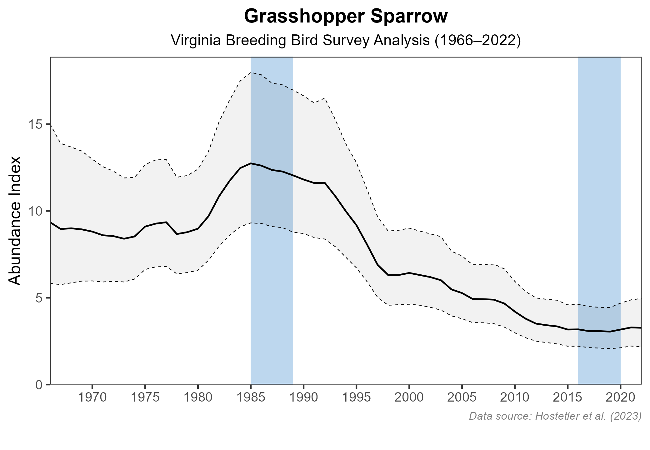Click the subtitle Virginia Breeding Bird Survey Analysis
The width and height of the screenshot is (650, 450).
tap(346, 41)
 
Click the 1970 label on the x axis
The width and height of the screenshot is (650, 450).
tap(92, 398)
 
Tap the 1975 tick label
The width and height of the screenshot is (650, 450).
tap(145, 398)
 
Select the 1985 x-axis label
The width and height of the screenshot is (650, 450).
tap(251, 398)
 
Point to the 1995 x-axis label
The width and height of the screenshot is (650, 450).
tap(356, 398)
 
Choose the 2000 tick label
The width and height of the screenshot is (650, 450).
tap(409, 398)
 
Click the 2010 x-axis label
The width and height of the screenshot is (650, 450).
tap(515, 398)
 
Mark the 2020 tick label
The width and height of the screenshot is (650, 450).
tap(620, 398)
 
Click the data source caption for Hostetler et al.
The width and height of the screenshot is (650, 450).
tap(555, 416)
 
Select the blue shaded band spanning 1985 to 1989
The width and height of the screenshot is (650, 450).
tap(272, 281)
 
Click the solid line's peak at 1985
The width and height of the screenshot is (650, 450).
tap(251, 163)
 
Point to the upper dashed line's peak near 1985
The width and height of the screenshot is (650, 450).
tap(251, 72)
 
